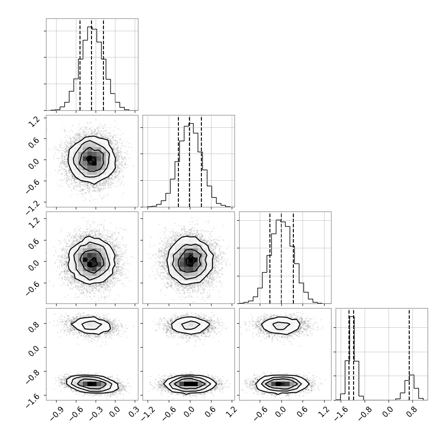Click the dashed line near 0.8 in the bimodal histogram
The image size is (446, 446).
[409, 354]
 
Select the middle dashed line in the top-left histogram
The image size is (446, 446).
[91, 64]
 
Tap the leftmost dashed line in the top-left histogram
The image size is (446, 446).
[80, 64]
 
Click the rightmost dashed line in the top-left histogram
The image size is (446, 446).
[103, 64]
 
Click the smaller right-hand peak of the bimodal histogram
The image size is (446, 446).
[412, 375]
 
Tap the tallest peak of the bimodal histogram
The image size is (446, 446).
[352, 317]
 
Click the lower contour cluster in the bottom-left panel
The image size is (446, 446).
[92, 384]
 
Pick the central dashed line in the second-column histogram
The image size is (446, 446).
[189, 161]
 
